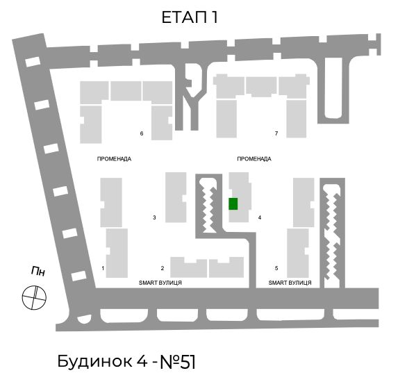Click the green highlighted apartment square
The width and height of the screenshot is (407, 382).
tap(233, 204)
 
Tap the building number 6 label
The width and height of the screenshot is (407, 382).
tap(142, 133)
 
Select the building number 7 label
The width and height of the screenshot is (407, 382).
tap(276, 133)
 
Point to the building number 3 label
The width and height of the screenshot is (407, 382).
tap(154, 217)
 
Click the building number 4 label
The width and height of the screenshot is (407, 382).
tap(260, 217)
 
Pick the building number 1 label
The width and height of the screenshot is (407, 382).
tap(103, 268)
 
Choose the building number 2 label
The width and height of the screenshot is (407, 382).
tap(163, 268)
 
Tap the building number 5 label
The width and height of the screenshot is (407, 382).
tap(276, 268)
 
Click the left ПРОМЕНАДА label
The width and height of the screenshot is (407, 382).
tap(114, 159)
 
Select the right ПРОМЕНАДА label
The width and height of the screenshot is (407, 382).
tap(254, 159)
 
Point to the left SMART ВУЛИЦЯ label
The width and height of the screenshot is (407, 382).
tap(160, 283)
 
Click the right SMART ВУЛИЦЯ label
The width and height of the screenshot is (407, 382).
tap(290, 283)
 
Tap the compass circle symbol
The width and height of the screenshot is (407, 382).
tap(34, 297)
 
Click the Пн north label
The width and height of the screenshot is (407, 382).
tap(38, 271)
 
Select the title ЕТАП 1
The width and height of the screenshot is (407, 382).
tap(190, 17)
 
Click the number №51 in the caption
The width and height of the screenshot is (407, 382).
tap(178, 362)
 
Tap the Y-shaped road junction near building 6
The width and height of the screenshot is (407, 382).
tap(193, 99)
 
